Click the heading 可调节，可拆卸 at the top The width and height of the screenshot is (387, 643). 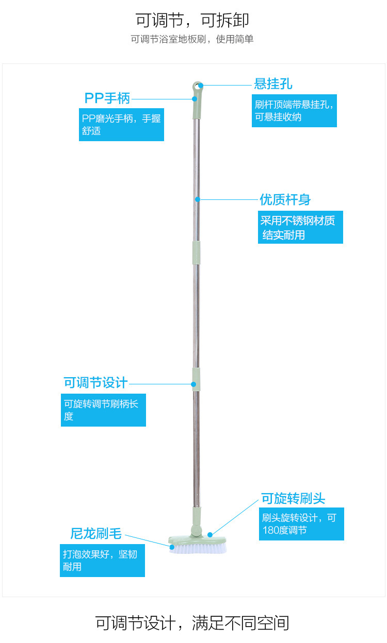coord(192,20)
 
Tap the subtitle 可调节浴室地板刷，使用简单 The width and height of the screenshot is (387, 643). coord(192,40)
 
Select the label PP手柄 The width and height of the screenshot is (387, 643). coord(107,98)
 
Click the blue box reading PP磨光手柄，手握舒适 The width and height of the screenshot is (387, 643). coord(121,125)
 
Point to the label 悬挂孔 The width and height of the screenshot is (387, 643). coord(273,84)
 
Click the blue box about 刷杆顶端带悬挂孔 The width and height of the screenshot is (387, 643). coord(294,111)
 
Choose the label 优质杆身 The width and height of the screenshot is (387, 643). coord(285,199)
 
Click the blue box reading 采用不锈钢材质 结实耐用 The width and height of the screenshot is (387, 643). coord(300,227)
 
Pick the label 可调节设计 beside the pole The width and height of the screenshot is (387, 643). coord(95,383)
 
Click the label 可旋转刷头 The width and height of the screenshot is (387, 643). coord(293,499)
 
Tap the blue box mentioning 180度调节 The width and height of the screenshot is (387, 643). coord(301,524)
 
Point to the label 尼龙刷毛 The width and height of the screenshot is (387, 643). coord(96,533)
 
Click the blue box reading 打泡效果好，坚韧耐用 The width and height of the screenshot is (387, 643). coord(102,561)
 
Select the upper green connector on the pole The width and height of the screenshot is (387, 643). coord(196,252)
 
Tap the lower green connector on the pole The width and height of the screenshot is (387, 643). coord(196,379)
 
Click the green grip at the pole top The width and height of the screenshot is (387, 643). coord(196,107)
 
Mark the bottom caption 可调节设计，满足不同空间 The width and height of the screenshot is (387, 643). coord(192,623)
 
